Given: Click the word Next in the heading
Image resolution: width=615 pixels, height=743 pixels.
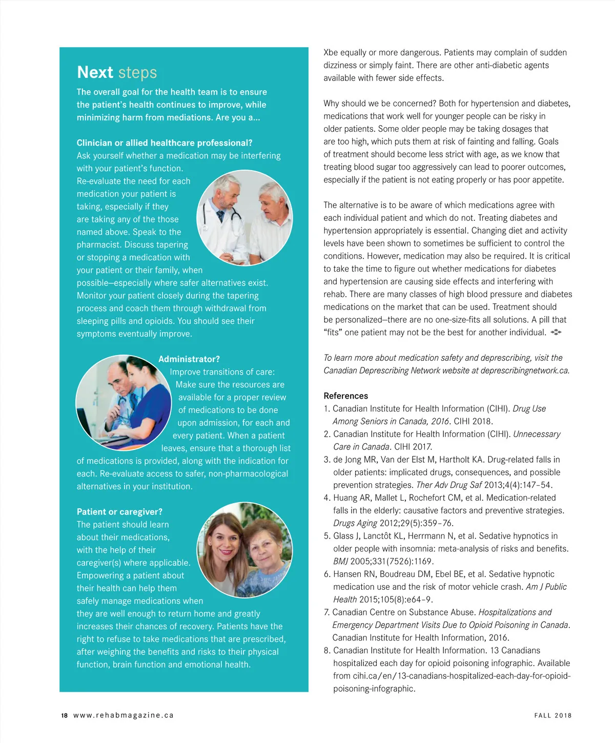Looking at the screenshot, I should coord(95,72).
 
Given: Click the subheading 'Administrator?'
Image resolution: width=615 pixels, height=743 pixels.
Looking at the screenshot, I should coord(189,359).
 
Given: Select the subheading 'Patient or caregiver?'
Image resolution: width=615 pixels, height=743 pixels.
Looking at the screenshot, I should coord(119,512).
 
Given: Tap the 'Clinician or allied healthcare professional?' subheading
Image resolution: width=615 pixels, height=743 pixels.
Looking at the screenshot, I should coord(165,143).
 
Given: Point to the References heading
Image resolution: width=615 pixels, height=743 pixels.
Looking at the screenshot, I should coord(345,396).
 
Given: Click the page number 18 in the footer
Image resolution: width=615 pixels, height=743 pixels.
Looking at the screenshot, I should coord(64,715).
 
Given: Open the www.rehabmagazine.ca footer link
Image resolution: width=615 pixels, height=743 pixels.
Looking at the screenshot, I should coord(124,715).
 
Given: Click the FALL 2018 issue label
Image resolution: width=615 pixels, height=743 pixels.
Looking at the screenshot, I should coord(552,715).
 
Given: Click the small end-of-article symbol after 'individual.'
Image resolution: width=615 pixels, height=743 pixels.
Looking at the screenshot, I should coord(556,333).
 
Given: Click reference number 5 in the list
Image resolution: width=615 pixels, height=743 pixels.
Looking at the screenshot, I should coord(326,536).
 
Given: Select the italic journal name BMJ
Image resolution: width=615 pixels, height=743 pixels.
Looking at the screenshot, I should coord(340,562).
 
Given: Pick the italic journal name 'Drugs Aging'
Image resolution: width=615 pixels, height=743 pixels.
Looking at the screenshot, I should coord(355,523).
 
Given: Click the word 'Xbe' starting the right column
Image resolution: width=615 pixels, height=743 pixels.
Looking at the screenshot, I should coord(331,52).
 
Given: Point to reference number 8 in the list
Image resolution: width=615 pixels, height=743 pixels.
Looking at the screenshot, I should coord(326,651).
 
